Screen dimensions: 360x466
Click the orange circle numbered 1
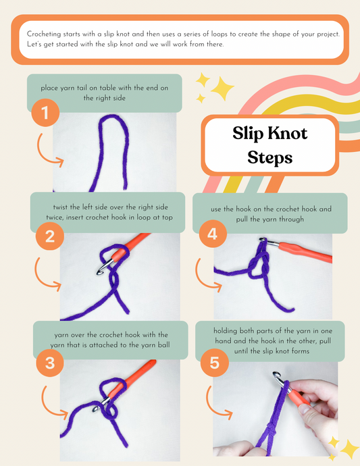pos(45,113)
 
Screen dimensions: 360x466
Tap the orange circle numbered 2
pos(50,236)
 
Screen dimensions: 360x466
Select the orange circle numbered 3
pos(50,363)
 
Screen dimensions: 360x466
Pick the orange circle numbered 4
pos(213,234)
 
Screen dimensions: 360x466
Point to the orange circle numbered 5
pos(214,363)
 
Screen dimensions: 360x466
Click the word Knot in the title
pos(289,133)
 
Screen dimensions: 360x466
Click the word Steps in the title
pos(270,157)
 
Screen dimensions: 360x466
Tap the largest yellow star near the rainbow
pos(222,88)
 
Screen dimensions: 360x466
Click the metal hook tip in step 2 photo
pos(100,271)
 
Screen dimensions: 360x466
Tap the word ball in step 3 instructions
pos(164,344)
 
